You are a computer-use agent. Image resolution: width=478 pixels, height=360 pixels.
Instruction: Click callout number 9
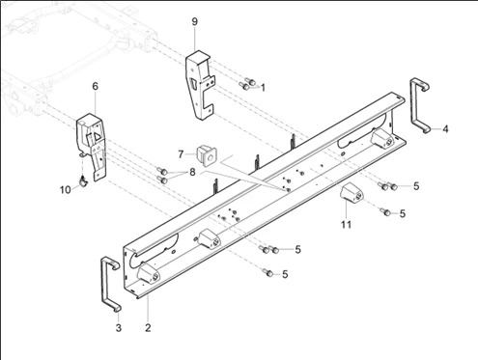[x=194, y=22]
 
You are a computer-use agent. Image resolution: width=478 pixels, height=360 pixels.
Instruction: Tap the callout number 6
[x=95, y=86]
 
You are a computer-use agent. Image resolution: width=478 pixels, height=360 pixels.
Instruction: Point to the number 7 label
[x=181, y=154]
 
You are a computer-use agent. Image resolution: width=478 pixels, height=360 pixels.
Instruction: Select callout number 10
[x=65, y=190]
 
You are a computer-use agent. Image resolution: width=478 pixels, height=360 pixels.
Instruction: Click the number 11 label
[x=346, y=224]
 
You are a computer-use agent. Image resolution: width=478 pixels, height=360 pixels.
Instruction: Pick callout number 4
[x=445, y=129]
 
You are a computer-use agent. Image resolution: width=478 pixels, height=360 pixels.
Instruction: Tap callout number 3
[x=119, y=328]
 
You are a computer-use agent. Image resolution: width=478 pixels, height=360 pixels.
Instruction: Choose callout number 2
[x=148, y=328]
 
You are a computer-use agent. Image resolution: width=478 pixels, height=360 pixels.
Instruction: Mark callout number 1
[x=263, y=88]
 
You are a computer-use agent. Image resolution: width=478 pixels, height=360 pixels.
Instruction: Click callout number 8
[x=192, y=172]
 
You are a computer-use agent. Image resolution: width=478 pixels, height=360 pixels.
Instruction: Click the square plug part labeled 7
[x=207, y=154]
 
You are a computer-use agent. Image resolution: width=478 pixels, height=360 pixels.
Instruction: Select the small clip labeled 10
[x=83, y=181]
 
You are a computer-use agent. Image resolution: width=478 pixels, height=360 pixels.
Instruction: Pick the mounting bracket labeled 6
[x=91, y=142]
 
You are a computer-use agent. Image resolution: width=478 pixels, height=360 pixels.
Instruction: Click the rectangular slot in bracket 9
[x=194, y=83]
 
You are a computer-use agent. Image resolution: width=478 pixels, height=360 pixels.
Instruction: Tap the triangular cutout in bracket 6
[x=97, y=137]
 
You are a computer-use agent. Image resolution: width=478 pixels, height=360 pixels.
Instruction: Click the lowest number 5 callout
[x=285, y=274]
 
